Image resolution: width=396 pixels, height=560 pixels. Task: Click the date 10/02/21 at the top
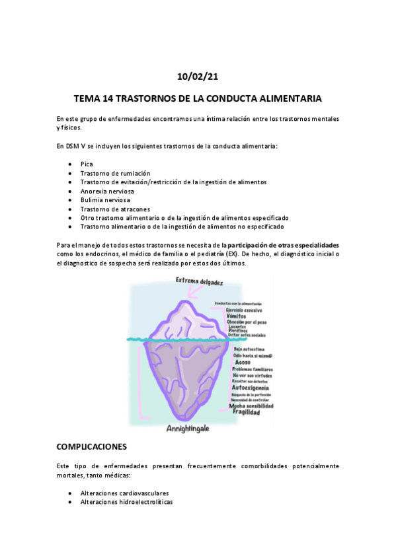coord(198,77)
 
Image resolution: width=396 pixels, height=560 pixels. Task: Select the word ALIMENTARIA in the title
coord(289,98)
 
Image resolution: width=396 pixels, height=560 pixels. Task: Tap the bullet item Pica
coord(87,163)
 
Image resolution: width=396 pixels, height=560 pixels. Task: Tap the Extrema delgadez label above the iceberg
coord(199,281)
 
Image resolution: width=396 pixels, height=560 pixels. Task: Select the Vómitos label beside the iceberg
coord(236,316)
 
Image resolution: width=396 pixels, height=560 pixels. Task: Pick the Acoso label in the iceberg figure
coord(243,363)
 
